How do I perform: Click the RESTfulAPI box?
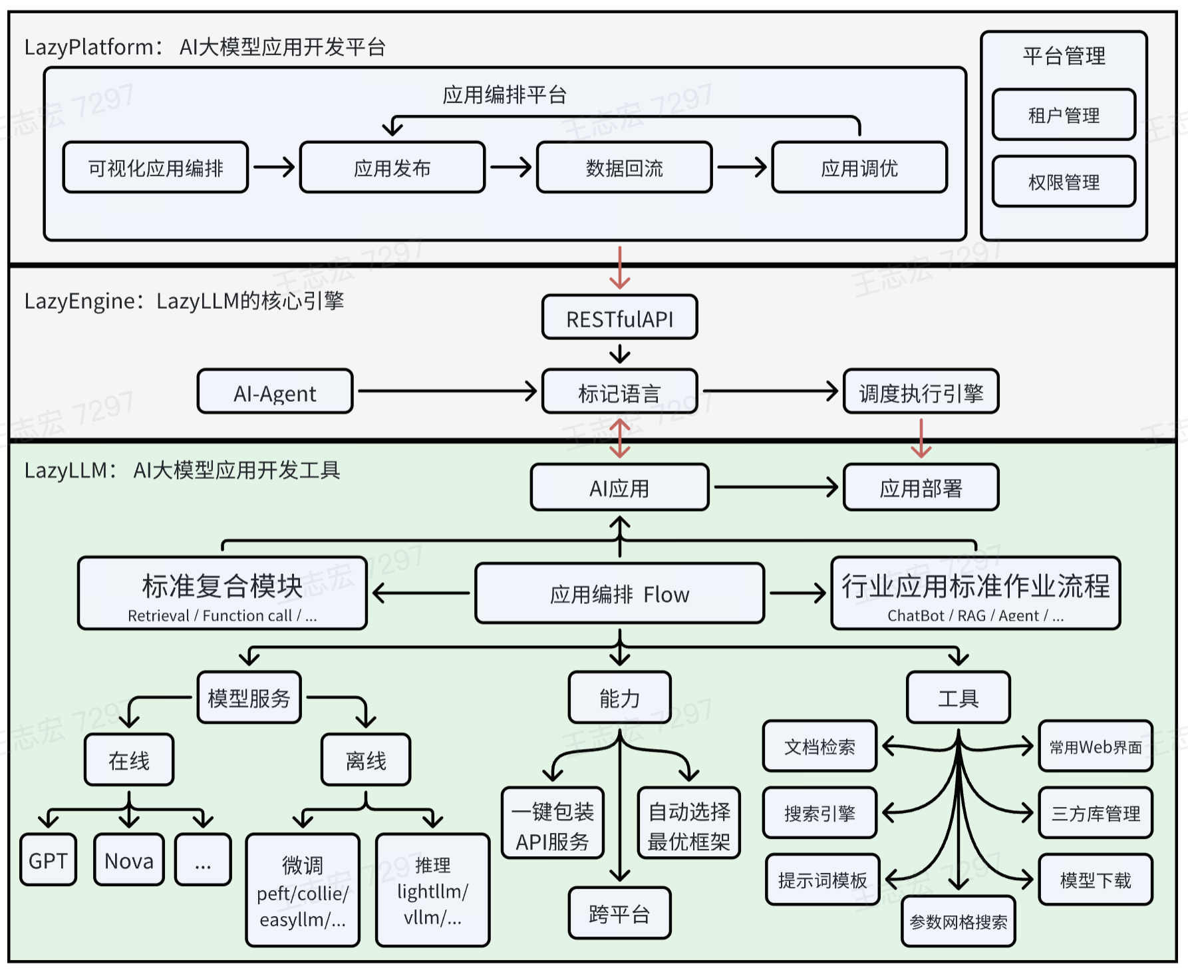click(619, 318)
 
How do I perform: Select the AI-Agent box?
click(275, 393)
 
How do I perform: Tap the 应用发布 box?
click(392, 168)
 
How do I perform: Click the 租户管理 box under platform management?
click(1063, 115)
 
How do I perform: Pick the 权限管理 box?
click(1063, 182)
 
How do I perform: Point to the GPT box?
click(48, 860)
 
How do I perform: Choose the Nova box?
click(129, 860)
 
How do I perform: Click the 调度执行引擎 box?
click(921, 393)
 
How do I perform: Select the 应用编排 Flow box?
click(619, 593)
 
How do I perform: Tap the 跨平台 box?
click(619, 913)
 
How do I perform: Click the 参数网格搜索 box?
click(958, 921)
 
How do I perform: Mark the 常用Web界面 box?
click(1095, 746)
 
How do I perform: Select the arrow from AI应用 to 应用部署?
click(776, 487)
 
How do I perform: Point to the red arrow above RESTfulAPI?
click(619, 267)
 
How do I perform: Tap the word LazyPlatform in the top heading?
click(89, 47)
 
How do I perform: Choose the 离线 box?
click(366, 760)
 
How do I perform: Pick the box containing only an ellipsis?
click(203, 860)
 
